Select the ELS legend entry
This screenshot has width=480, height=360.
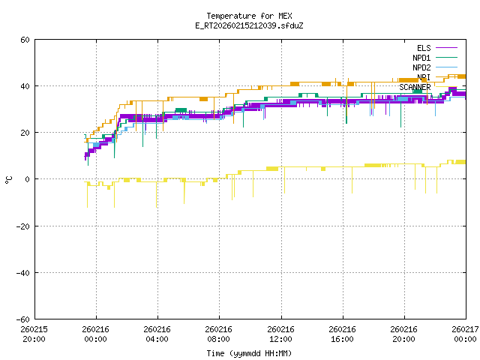424,48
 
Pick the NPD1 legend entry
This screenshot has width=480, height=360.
421,58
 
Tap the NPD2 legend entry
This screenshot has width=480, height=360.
421,67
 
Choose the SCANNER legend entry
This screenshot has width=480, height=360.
415,87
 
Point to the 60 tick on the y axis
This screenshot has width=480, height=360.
25,40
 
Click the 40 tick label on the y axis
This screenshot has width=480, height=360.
25,86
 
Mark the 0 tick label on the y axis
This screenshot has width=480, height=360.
28,179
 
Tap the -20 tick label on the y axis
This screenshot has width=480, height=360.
23,226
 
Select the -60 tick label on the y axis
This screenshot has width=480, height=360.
23,319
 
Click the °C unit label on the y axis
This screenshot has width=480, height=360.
8,179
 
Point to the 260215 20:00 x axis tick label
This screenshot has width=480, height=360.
34,334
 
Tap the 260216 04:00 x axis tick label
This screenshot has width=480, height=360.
157,334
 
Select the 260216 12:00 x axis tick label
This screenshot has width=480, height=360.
280,334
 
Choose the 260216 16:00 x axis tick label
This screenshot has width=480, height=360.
343,334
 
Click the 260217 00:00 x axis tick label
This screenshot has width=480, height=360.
466,334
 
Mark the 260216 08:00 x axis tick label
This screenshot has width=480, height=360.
219,334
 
